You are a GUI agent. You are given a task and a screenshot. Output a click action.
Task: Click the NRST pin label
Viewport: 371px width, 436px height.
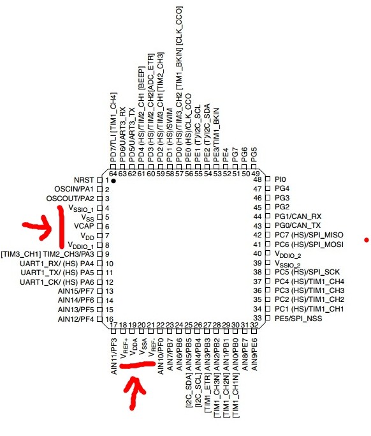84,180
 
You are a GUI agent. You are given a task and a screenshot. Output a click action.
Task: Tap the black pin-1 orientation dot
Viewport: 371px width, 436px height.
113,181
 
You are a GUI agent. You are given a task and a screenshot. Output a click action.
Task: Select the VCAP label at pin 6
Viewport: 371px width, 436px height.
84,226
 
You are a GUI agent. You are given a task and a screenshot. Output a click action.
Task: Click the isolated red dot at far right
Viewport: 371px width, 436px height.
367,239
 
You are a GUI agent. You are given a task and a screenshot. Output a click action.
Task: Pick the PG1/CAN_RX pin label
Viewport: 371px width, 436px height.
298,216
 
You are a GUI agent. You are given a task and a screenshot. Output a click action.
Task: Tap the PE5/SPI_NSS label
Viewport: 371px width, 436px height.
298,318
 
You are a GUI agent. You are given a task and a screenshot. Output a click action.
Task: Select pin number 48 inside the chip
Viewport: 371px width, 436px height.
258,179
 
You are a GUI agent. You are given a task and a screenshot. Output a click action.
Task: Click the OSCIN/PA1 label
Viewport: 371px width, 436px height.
74,189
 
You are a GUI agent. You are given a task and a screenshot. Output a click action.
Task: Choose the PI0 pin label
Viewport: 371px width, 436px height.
280,179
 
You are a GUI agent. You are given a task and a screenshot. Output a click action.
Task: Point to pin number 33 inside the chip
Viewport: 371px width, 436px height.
258,318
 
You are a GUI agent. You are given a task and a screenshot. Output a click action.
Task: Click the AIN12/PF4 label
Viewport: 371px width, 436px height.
76,319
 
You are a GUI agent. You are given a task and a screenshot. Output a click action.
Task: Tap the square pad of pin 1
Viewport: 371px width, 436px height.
99,180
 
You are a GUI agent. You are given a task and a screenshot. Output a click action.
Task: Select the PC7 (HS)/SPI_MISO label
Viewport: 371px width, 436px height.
309,235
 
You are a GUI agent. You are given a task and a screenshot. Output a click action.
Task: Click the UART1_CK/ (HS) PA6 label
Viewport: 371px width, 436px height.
57,282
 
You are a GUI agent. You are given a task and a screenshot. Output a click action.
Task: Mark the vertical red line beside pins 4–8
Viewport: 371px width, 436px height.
61,227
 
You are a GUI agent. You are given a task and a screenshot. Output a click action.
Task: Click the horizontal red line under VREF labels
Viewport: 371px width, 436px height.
138,365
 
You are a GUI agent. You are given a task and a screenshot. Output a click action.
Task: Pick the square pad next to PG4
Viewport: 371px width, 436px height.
268,188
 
